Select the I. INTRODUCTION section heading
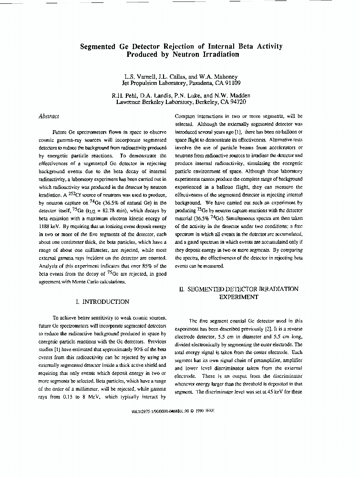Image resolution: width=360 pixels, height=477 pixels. coord(103,301)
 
